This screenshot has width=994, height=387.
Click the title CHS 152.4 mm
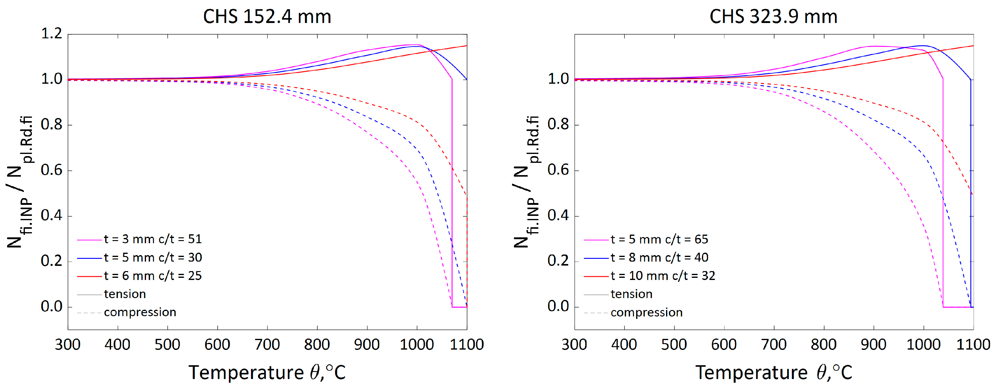267,17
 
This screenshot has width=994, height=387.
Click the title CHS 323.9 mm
773,17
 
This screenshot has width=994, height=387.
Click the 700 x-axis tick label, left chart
267,344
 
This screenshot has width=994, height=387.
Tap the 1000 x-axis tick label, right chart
923,344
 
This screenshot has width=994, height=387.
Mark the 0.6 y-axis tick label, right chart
558,170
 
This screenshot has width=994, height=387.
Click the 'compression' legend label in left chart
140,312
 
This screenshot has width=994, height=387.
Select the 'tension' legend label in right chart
631,294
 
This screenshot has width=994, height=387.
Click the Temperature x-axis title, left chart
267,372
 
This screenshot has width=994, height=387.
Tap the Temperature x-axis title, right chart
773,372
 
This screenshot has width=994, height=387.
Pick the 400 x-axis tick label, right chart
624,344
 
